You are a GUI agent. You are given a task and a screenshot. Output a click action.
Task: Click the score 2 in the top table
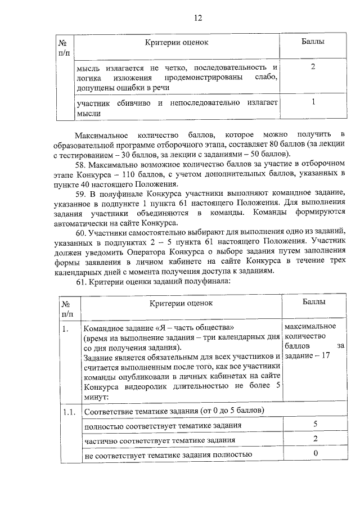click(313, 67)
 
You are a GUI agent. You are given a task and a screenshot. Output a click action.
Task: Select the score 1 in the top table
click(313, 102)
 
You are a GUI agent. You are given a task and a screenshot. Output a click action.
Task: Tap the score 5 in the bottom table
click(316, 424)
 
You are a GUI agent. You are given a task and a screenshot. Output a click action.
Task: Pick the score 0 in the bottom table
click(316, 454)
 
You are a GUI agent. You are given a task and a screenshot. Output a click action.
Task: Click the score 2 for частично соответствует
click(316, 439)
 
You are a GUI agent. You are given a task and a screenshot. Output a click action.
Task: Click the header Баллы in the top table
click(313, 42)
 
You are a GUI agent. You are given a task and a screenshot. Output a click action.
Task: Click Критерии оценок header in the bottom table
click(181, 304)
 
